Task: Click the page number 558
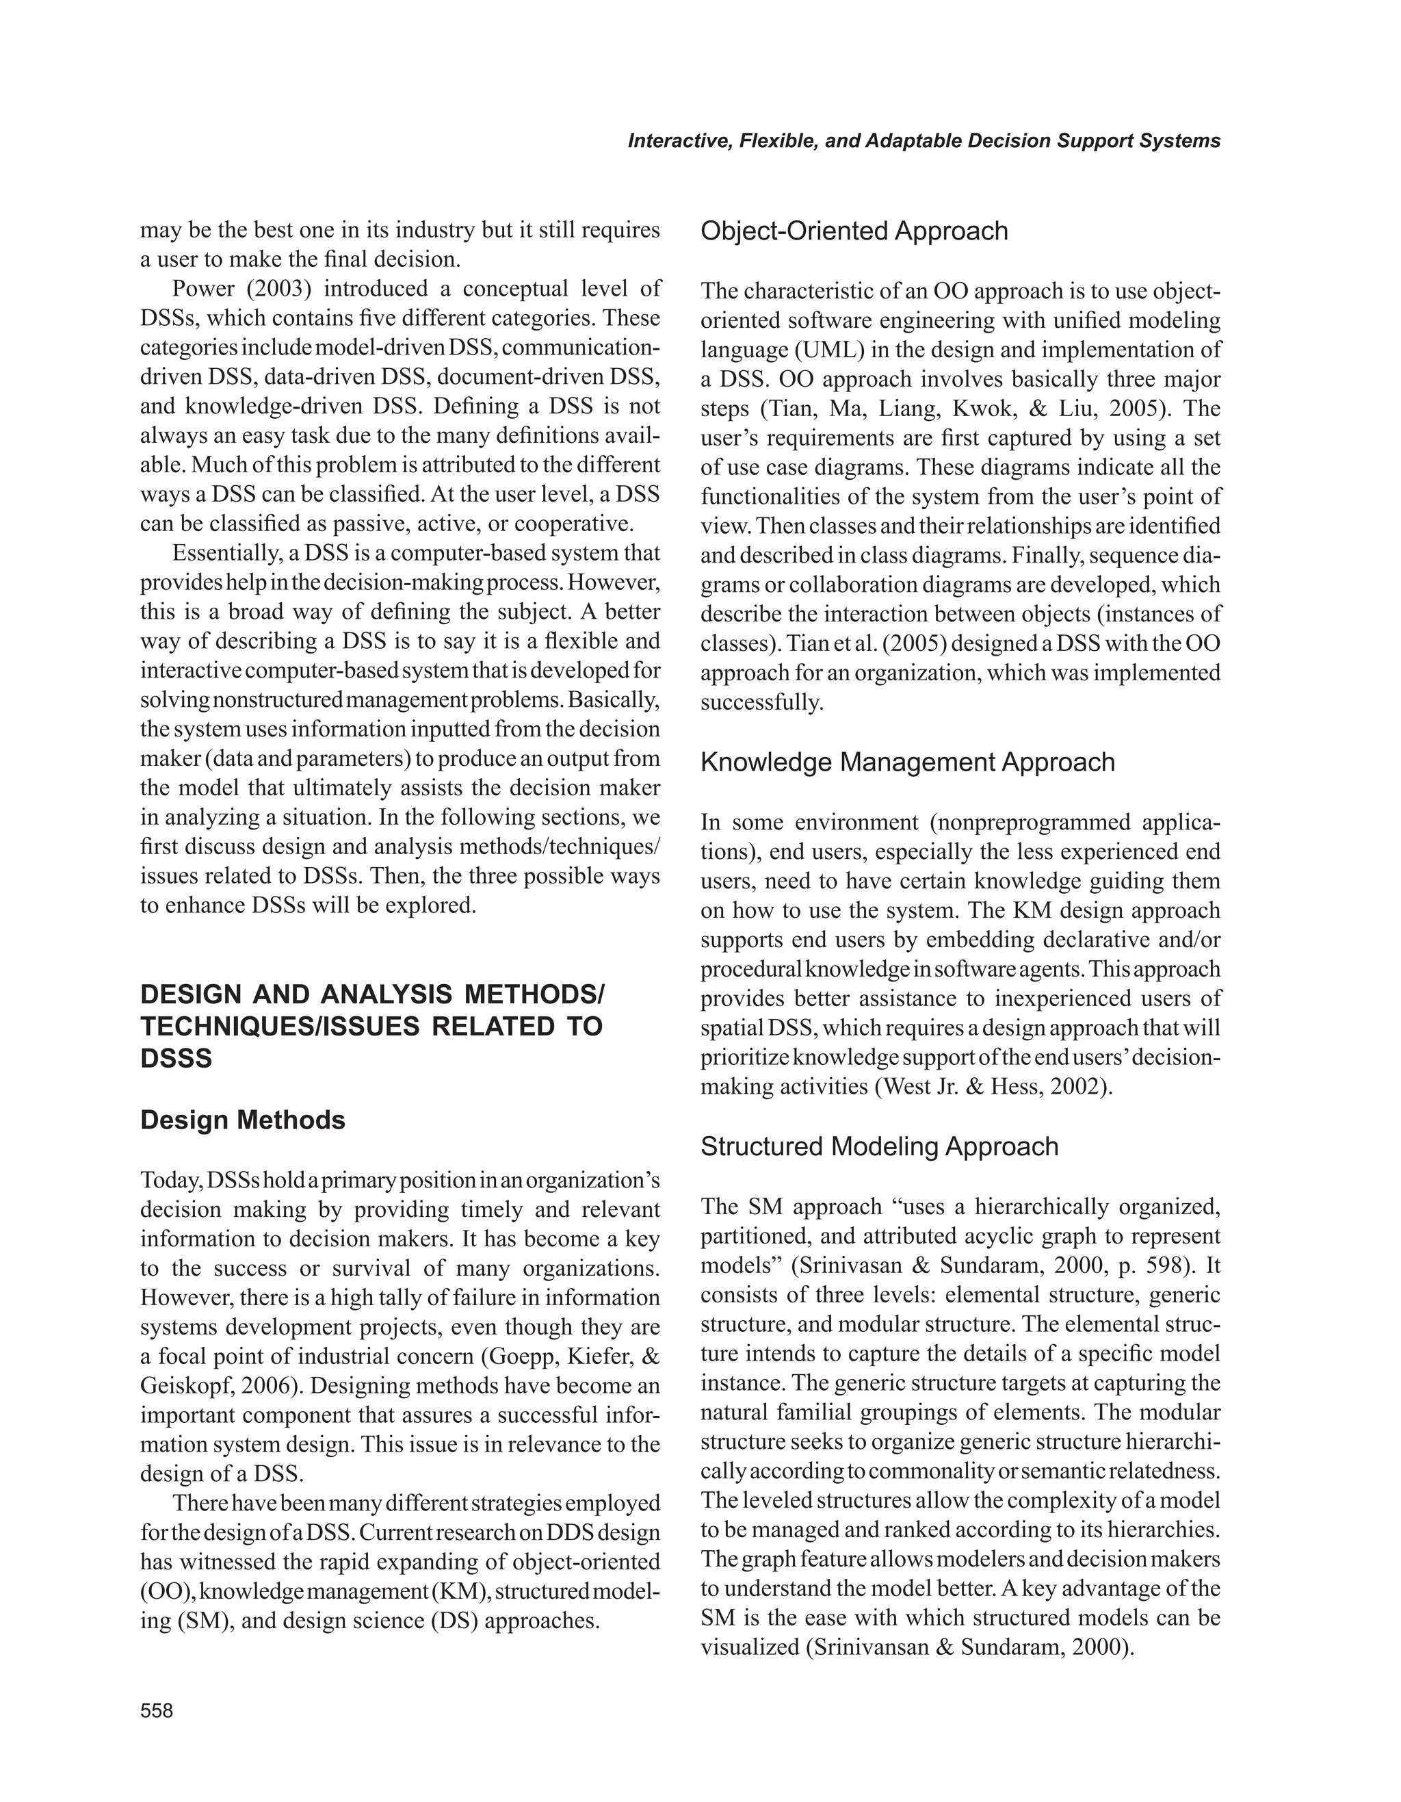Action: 157,1711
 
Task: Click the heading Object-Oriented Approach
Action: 854,231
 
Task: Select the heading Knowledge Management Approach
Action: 907,762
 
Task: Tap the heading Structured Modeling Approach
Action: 879,1146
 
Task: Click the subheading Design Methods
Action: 242,1120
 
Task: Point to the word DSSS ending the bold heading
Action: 176,1059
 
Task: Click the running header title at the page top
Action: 924,141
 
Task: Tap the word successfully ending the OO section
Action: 761,703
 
